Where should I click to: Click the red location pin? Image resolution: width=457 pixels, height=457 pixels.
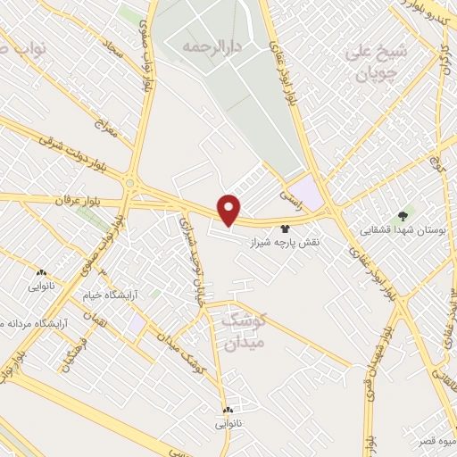(229, 209)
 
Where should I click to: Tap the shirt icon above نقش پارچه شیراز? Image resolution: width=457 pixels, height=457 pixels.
(286, 228)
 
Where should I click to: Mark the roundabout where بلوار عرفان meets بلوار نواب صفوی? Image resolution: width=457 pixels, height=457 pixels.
(131, 186)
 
